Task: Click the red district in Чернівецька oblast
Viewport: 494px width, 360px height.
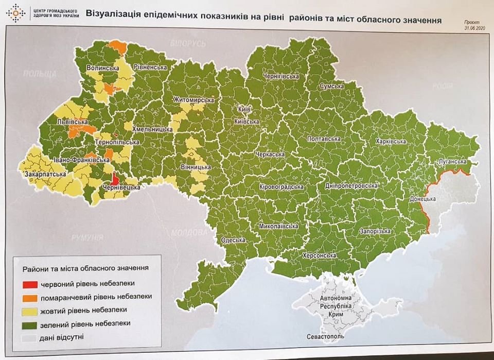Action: (116, 179)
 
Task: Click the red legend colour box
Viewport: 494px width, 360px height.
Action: (30, 284)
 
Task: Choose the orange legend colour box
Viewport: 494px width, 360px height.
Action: (30, 297)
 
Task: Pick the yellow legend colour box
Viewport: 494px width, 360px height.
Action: (30, 310)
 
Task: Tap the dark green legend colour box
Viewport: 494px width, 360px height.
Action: (30, 323)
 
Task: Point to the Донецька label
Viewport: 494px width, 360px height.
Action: (422, 199)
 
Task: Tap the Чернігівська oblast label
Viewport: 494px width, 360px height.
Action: (281, 76)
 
